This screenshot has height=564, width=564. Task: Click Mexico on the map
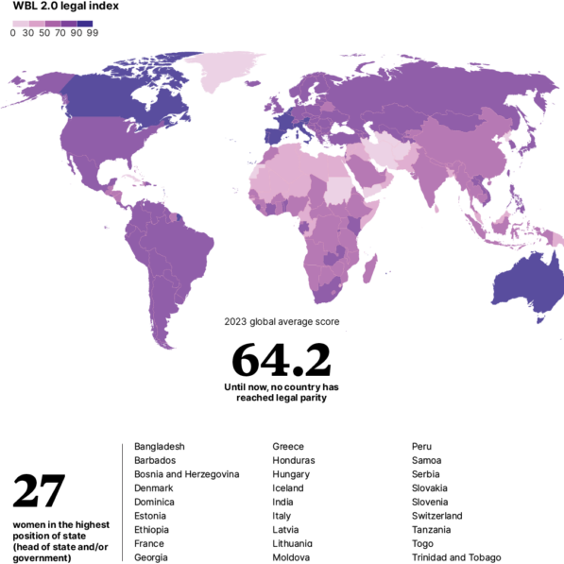(x=94, y=175)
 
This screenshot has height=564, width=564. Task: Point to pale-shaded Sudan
(x=337, y=189)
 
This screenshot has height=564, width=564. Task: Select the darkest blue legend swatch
(x=86, y=23)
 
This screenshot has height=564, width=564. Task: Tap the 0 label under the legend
(x=12, y=33)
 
